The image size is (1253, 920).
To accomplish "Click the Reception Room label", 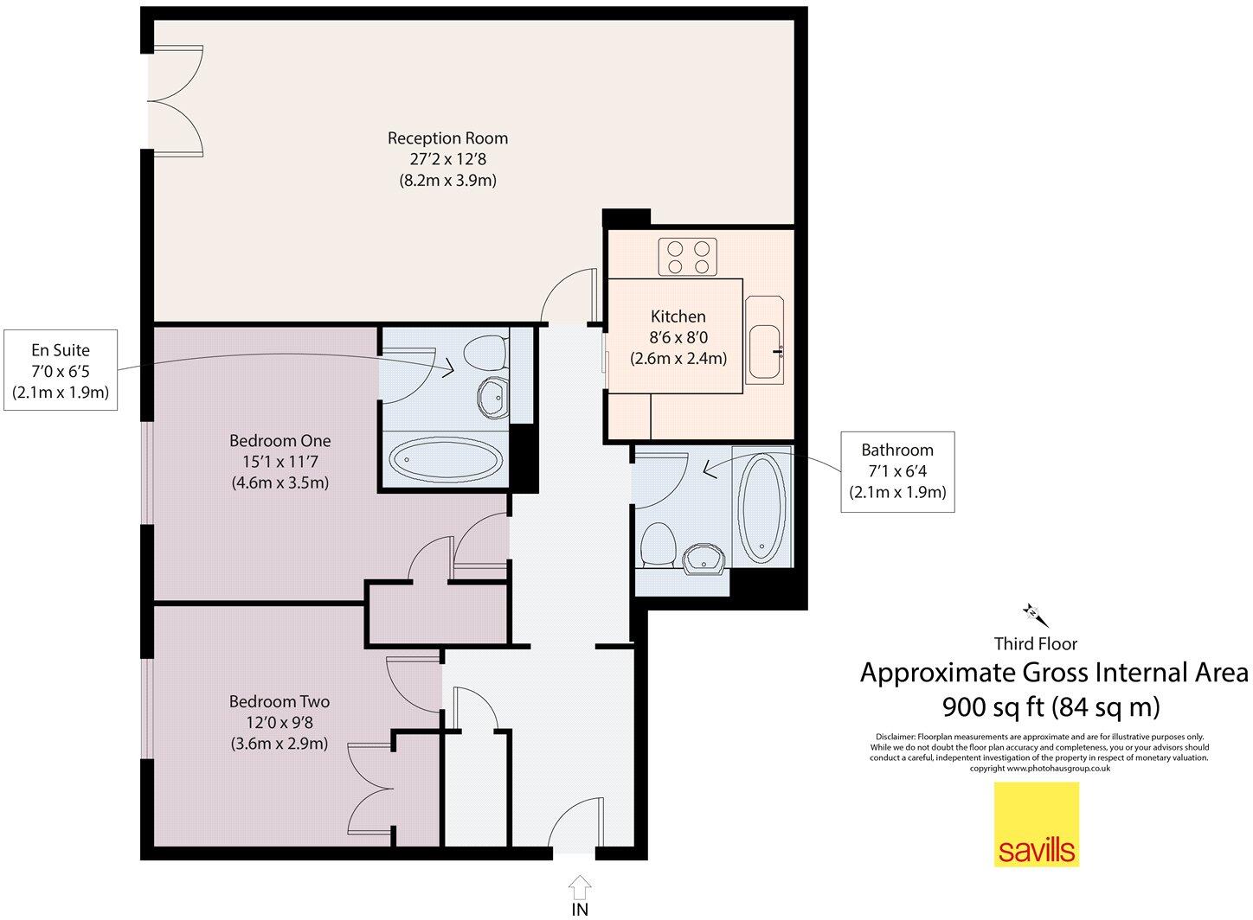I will click(447, 137).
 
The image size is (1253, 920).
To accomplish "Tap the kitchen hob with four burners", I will click(689, 256).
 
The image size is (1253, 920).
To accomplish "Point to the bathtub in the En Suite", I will click(444, 460).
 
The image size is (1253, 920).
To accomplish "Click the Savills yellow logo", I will click(1036, 824).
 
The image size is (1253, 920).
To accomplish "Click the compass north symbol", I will click(1035, 614).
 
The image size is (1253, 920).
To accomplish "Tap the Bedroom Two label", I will click(279, 702).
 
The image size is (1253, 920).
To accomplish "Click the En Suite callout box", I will click(60, 371).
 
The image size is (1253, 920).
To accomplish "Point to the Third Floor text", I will click(1035, 643).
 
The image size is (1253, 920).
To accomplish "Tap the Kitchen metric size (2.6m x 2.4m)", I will click(678, 358).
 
